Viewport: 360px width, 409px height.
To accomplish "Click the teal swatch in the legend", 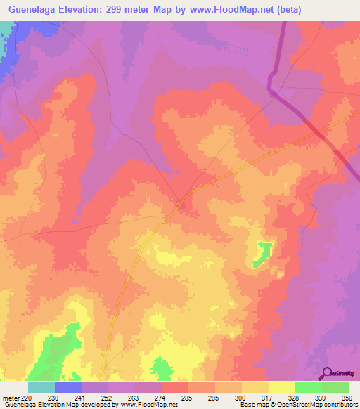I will click(x=41, y=388).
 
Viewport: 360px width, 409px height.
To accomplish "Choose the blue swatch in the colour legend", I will click(x=68, y=388).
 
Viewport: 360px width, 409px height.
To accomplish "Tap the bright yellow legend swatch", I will click(x=281, y=388).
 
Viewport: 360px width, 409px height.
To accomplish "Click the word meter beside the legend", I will click(x=11, y=398).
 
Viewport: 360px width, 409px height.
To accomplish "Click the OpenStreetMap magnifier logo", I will click(x=326, y=373).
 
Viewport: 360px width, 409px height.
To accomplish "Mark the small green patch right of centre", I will click(x=263, y=252).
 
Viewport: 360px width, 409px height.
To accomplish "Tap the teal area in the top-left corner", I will click(x=6, y=32).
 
